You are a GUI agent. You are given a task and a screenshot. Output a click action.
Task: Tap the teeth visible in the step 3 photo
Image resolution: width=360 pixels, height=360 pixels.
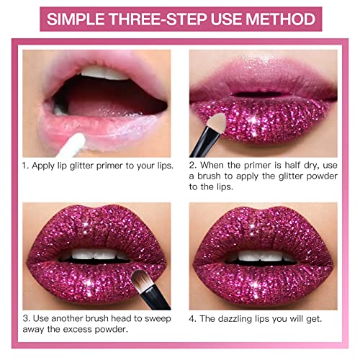tap(92, 256)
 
